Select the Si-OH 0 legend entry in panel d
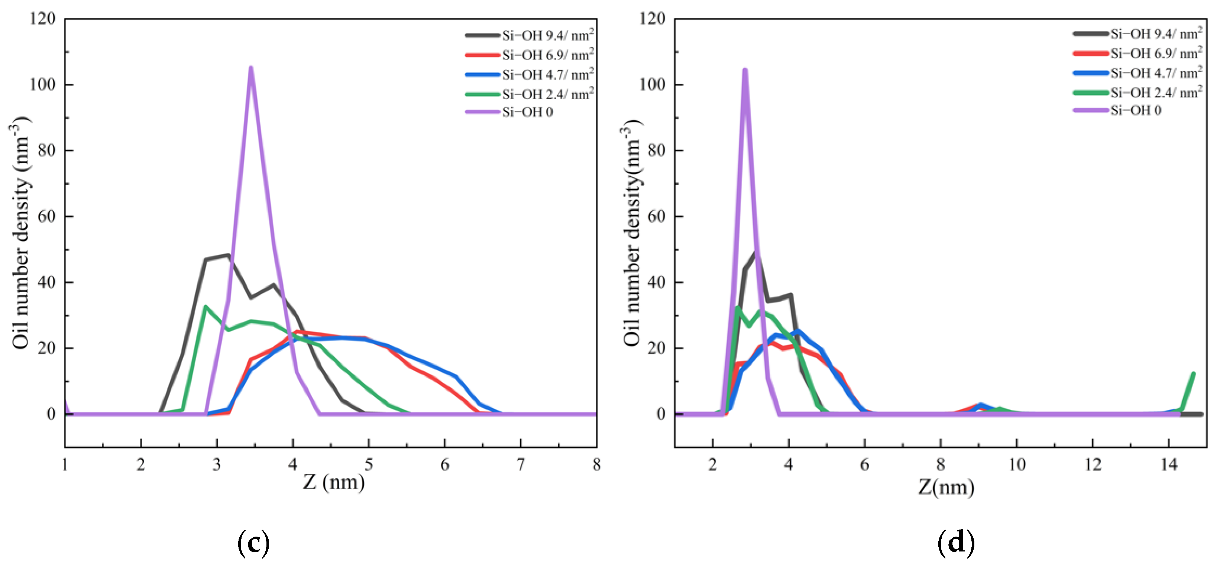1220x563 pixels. pos(1136,110)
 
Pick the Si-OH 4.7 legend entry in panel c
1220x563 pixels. pos(547,75)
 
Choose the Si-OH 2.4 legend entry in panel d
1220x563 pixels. pos(1156,92)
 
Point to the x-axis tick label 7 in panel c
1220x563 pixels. pos(521,465)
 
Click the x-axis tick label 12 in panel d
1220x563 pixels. pos(1093,465)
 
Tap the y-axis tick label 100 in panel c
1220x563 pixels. pos(43,85)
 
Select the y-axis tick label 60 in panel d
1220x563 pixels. pos(656,216)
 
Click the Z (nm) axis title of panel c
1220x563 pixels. pos(334,482)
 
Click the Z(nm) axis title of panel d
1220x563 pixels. pos(946,487)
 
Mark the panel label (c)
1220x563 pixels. pos(253,543)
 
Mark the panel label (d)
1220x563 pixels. pos(956,543)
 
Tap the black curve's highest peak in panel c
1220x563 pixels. pos(228,255)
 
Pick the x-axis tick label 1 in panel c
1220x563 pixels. pos(65,465)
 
